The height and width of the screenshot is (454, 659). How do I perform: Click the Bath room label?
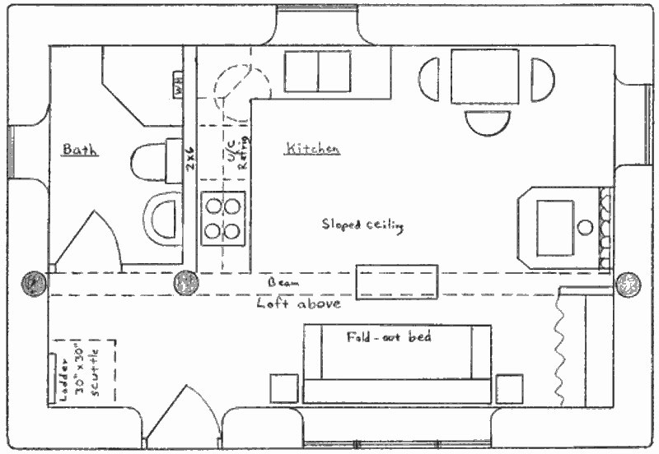[x=80, y=150]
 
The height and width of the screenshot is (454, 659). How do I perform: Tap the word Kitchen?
[x=312, y=149]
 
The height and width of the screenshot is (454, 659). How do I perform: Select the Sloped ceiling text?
[x=362, y=225]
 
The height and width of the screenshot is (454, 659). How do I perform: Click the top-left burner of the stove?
[x=212, y=203]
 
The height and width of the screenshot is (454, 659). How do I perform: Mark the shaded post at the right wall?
[x=628, y=284]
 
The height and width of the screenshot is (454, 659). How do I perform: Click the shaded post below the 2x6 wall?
[x=185, y=283]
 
